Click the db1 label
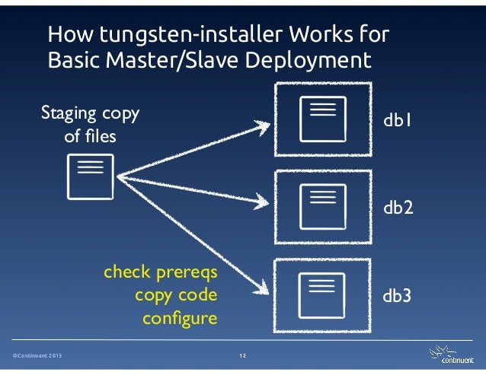(398, 120)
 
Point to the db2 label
(398, 207)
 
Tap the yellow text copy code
(175, 295)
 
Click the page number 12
(243, 355)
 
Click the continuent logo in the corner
(450, 355)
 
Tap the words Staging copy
(89, 115)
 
